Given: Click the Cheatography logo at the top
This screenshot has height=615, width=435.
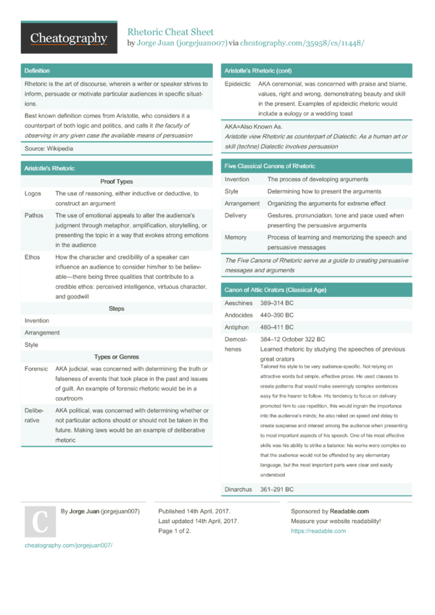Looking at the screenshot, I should coord(68,38).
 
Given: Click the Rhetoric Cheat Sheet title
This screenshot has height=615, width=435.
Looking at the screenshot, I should coord(170,32).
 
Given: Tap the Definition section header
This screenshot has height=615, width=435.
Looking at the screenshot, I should coord(37,71).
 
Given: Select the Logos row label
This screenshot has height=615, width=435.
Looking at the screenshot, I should coord(33,193).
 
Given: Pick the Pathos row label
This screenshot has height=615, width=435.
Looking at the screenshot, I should coord(34,216).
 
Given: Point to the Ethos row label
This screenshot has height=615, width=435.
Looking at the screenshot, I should coord(33,257).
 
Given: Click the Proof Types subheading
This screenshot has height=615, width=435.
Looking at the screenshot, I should coord(116,182).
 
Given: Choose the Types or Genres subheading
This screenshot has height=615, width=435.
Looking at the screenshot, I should coord(116,356).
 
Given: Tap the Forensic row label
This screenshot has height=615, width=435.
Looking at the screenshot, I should coord(36,369).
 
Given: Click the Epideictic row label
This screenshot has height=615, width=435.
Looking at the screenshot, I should coord(239,85).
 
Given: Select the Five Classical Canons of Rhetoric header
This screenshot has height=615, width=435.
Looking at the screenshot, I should coord(270,166).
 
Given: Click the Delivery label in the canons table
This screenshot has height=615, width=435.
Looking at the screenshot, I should coord(236,215).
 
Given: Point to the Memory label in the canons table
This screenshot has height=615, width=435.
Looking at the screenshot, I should coord(236,238).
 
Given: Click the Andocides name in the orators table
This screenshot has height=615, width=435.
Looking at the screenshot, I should coord(239,315).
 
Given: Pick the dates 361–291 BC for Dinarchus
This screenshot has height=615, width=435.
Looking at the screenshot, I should coord(277,490).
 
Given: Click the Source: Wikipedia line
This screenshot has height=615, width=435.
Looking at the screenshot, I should coord(49,148).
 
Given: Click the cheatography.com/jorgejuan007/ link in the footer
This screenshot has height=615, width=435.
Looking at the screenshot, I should coord(69,545).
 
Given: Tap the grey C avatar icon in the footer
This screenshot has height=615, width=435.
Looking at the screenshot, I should coord(41,522).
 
